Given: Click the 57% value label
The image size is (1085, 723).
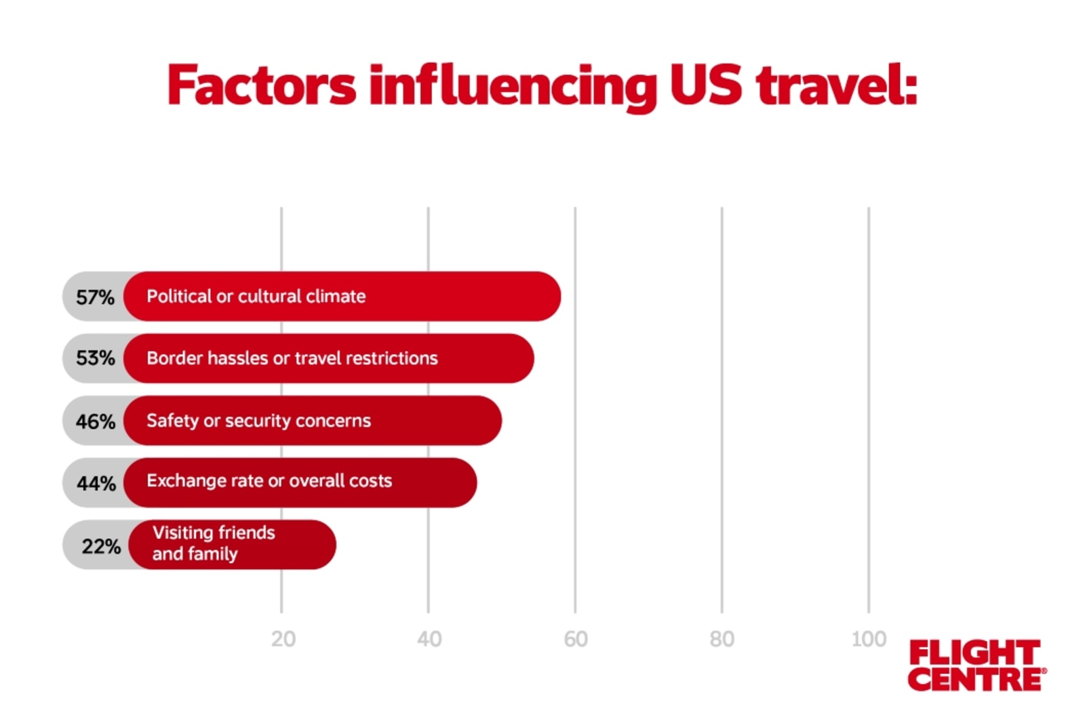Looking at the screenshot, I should pyautogui.click(x=95, y=297).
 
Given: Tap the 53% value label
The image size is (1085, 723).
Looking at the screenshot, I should pyautogui.click(x=95, y=358).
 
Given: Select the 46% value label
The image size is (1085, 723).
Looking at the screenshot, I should pyautogui.click(x=95, y=421).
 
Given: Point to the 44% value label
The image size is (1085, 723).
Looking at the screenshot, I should pyautogui.click(x=96, y=483).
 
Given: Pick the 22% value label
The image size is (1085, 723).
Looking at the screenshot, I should pyautogui.click(x=101, y=546).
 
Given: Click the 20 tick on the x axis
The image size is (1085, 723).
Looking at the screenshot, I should pyautogui.click(x=283, y=639).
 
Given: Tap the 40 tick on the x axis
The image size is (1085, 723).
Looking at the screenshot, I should pyautogui.click(x=429, y=639).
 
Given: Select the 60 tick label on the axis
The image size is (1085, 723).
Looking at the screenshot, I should pyautogui.click(x=576, y=639).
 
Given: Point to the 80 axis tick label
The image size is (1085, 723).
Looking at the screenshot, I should pyautogui.click(x=722, y=639).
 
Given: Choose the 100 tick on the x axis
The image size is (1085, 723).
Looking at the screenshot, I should pyautogui.click(x=869, y=639).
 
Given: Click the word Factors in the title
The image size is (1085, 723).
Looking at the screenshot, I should pyautogui.click(x=261, y=85).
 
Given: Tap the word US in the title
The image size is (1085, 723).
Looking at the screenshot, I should pyautogui.click(x=705, y=85).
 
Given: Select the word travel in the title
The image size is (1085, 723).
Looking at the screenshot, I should pyautogui.click(x=836, y=85).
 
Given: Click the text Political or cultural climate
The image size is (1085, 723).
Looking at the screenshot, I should pyautogui.click(x=256, y=296).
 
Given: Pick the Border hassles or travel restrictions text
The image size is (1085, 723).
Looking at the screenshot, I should pyautogui.click(x=292, y=358).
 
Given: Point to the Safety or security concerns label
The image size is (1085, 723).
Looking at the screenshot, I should pyautogui.click(x=258, y=421).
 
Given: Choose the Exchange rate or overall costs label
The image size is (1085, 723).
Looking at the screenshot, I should pyautogui.click(x=269, y=481).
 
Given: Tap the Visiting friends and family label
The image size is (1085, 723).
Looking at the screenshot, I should pyautogui.click(x=214, y=543).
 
